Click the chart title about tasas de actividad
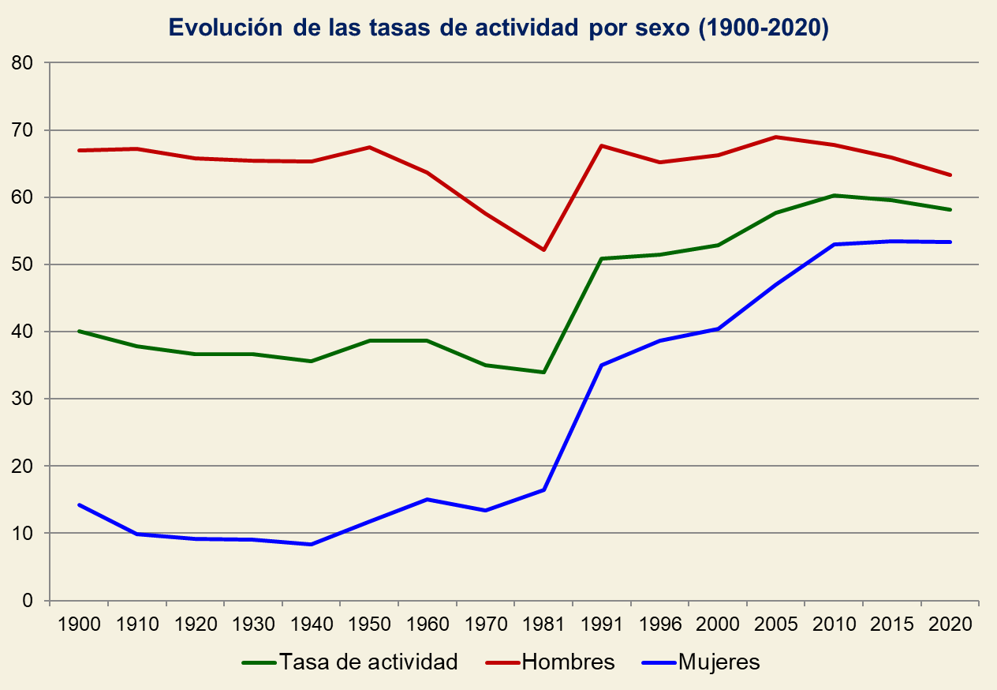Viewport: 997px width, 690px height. coord(498,28)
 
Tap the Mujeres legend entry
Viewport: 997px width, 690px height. coord(719,662)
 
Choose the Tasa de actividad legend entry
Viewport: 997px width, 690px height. coord(368,662)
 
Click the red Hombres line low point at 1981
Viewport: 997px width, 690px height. coord(543,249)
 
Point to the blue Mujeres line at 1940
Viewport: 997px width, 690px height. coord(312,544)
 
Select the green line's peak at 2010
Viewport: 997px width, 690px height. coord(835,195)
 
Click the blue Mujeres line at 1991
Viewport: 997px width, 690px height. coord(602,365)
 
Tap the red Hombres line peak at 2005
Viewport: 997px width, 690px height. coord(776,137)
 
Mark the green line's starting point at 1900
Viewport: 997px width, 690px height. coord(79,331)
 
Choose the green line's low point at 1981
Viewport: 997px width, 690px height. coord(543,372)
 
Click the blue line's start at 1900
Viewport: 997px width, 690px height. coord(79,504)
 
